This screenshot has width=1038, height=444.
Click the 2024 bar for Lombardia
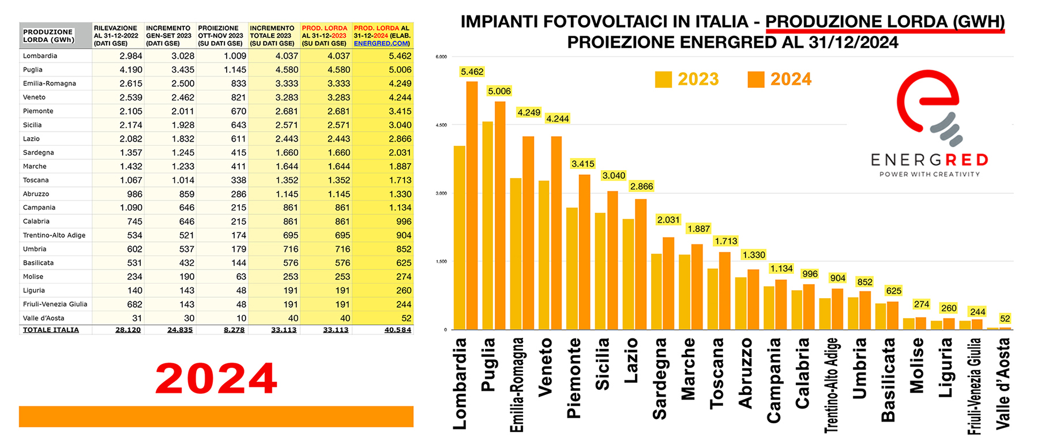click(472, 205)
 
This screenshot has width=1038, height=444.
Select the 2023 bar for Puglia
click(488, 225)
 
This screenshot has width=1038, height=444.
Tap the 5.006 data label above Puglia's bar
click(499, 91)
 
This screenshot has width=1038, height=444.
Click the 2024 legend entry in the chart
click(780, 79)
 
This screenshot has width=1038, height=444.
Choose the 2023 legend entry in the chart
click(687, 79)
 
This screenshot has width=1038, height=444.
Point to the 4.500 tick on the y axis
click(441, 125)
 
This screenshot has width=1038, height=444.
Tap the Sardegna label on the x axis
click(659, 379)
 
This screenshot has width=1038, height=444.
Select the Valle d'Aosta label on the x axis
click(1003, 383)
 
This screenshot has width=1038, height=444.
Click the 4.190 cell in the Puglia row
click(131, 70)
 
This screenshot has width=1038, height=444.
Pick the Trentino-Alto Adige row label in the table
click(54, 235)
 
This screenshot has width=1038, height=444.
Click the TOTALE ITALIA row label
click(51, 330)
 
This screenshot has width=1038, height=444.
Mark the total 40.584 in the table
click(398, 330)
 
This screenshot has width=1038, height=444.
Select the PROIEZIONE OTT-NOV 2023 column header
click(220, 35)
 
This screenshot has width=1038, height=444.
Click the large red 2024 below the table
click(216, 379)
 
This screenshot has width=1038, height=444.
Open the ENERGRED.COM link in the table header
click(382, 43)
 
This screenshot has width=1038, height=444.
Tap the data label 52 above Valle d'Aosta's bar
click(1005, 319)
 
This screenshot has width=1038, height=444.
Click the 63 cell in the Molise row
click(241, 277)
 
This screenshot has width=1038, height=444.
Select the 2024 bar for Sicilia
click(612, 261)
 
